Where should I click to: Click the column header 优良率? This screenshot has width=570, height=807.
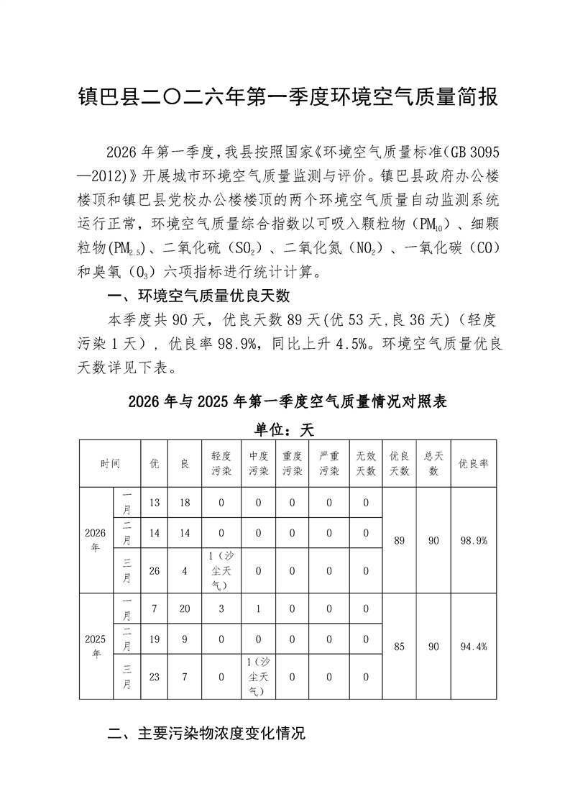click(x=473, y=464)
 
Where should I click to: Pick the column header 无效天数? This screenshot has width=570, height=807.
click(x=366, y=464)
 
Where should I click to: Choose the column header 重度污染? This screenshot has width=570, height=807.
click(x=292, y=464)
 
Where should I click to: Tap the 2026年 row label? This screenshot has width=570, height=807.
click(x=96, y=540)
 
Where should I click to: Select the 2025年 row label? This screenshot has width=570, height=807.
click(x=96, y=646)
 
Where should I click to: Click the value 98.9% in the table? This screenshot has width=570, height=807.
click(x=473, y=540)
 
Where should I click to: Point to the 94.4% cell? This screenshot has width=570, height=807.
click(x=473, y=646)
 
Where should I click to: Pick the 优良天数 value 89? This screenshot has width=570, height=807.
click(x=400, y=540)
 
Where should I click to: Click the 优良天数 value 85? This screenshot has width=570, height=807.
click(x=400, y=646)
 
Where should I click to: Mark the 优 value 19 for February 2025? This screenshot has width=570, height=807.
click(x=154, y=639)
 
